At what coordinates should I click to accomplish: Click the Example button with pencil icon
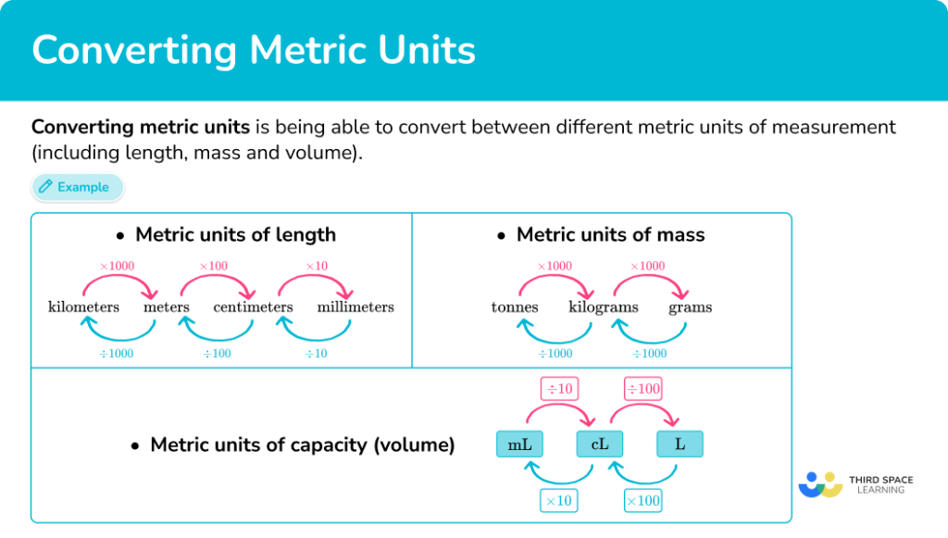[x=77, y=187]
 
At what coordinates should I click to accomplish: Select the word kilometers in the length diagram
[x=83, y=307]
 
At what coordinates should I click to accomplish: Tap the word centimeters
[x=253, y=307]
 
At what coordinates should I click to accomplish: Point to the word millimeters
[x=355, y=307]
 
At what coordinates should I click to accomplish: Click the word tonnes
[x=515, y=307]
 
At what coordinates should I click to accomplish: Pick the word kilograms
[x=604, y=307]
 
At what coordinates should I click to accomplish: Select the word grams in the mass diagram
[x=691, y=307]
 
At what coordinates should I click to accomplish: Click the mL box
[x=519, y=444]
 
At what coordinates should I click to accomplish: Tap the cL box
[x=599, y=444]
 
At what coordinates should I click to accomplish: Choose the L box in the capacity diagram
[x=680, y=444]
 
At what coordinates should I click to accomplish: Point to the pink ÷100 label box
[x=642, y=388]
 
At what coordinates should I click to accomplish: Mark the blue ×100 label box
[x=643, y=501]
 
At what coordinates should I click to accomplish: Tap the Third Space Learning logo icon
[x=818, y=484]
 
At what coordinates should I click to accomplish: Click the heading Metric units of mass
[x=610, y=235]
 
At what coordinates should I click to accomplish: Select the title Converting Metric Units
[x=254, y=50]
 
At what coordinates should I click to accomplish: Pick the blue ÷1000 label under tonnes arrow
[x=555, y=353]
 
